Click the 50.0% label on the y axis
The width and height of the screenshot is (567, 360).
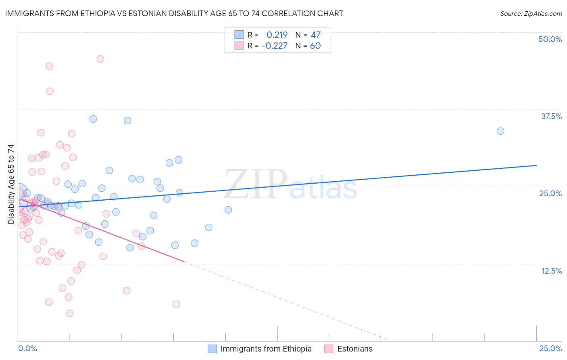(x=550, y=39)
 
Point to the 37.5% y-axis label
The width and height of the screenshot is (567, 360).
(x=551, y=116)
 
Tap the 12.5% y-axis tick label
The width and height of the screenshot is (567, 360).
(x=551, y=271)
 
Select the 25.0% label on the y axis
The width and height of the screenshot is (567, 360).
(x=550, y=193)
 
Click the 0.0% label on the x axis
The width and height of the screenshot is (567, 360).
(x=27, y=348)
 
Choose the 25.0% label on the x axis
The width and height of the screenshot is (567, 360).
(x=550, y=348)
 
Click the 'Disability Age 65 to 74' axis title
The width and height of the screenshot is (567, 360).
(x=11, y=184)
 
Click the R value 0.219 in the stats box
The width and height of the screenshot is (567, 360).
(x=277, y=35)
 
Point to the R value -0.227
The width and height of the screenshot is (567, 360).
(x=274, y=46)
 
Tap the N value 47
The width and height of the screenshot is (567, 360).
(x=315, y=35)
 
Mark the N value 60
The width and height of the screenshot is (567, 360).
(x=315, y=46)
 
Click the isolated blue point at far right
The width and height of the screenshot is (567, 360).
(x=500, y=131)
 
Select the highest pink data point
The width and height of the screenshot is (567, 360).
(x=100, y=59)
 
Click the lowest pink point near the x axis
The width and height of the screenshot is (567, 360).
(x=69, y=313)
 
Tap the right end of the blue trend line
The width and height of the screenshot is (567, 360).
(x=536, y=165)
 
